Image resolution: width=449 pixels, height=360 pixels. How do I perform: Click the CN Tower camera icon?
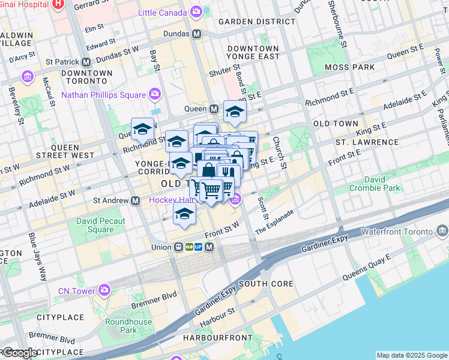(104, 291)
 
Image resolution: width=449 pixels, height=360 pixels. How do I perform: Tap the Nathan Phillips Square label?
(103, 95)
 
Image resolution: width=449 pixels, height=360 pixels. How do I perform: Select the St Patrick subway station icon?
(86, 61)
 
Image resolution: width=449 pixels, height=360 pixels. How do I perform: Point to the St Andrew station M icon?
(136, 200)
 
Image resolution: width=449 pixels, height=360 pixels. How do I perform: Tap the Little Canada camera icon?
(196, 13)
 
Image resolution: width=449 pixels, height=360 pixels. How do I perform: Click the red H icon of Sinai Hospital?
(58, 4)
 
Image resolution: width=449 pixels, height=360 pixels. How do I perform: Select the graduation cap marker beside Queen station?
(235, 112)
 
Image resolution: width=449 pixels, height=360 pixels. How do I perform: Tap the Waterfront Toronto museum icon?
(442, 231)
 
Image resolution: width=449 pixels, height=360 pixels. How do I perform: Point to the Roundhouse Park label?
(128, 326)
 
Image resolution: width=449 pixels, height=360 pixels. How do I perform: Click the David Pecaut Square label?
(101, 225)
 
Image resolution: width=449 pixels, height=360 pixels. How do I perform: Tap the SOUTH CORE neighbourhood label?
(266, 284)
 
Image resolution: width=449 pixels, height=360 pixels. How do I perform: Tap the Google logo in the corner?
(20, 353)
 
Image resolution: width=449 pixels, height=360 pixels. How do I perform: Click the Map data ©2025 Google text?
(411, 355)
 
